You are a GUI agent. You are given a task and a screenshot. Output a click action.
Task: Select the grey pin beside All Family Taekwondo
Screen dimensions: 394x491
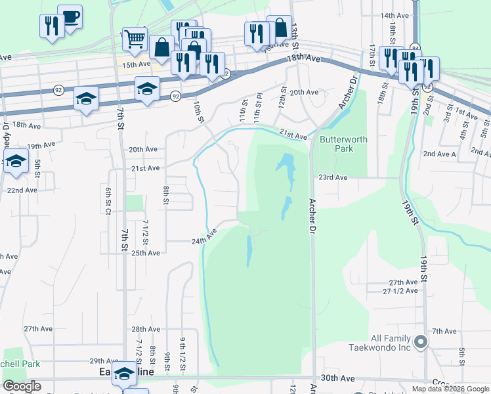coord(421,341)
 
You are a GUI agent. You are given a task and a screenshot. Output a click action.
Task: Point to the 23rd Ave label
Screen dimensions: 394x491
coord(332,177)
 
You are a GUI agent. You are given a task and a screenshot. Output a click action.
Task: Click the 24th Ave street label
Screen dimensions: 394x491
coord(204,237)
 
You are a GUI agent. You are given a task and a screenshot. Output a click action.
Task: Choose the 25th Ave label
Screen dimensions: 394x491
coord(146,253)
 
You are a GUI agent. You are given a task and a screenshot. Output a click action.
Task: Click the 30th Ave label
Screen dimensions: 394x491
coord(337,379)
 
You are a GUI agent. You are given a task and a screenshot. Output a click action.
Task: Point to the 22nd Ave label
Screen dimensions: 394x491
coord(22,190)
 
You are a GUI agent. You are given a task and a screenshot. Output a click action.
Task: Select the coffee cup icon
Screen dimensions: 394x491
coord(70,16)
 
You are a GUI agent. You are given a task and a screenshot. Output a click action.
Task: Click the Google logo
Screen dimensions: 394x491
coord(22,386)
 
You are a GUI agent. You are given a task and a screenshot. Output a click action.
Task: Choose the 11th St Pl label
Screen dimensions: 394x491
coord(258,108)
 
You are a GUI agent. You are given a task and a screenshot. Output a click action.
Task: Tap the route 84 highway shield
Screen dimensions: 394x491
coord(415,47)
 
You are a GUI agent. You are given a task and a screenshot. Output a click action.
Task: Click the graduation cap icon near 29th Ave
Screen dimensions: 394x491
coord(124,373)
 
